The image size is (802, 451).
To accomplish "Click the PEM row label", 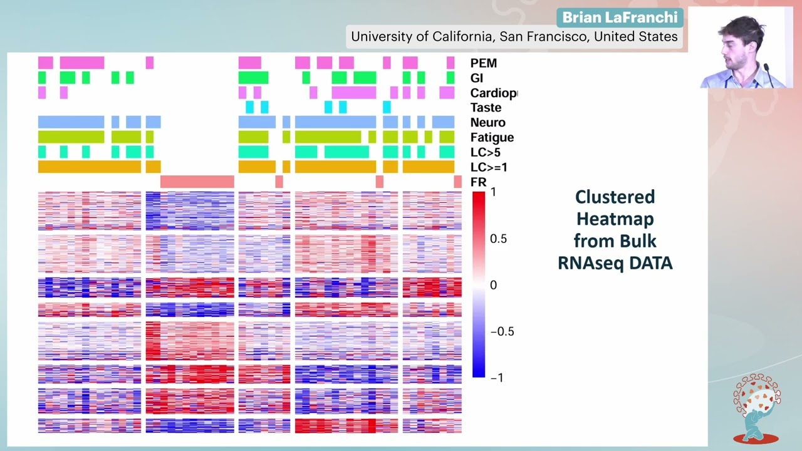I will coord(483,63).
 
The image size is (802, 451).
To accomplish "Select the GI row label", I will coord(476,78).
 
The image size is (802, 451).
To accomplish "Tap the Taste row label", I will coord(486,108).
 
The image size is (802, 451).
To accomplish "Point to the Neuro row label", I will coord(487,123).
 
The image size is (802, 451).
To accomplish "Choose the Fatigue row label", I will coord(492,138).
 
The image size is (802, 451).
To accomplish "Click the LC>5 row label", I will coord(485,152).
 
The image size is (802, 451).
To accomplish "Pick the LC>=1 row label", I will coord(489,167).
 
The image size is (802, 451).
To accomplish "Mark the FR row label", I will coord(478,182).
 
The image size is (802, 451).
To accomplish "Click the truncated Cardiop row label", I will coord(494,93).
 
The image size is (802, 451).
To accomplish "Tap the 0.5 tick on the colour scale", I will coord(498,239).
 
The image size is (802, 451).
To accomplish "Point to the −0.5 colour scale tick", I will coord(501,331).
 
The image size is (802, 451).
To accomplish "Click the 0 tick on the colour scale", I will coord(493,285).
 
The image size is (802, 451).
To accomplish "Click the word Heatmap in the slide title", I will coord(615,219).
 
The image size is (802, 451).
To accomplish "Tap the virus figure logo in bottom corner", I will coord(757,408).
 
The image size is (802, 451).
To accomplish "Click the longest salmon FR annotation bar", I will coord(197,182).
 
